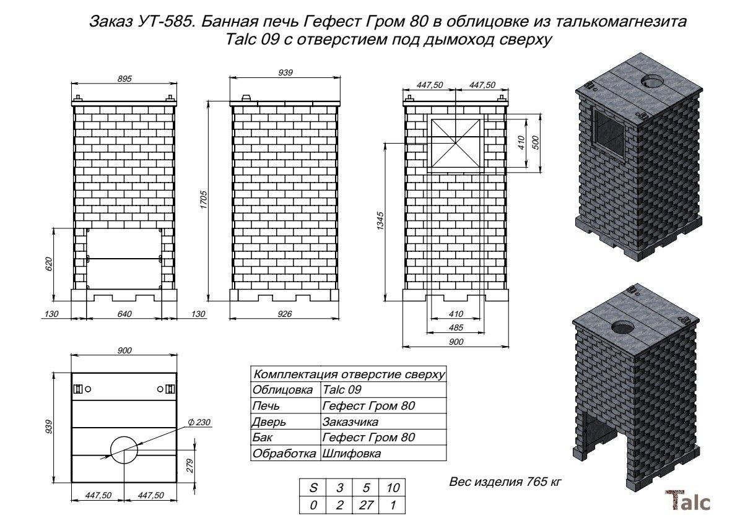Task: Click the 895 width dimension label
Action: click(124, 79)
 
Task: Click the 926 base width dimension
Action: click(284, 314)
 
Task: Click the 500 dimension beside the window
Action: click(536, 143)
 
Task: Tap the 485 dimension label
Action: click(455, 327)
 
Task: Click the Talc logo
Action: click(687, 501)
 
